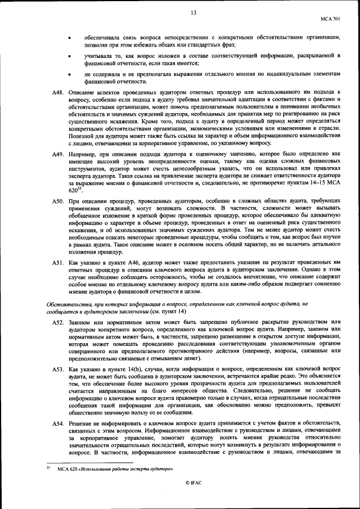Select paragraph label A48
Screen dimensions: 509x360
tap(58, 92)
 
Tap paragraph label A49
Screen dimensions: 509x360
tap(58, 154)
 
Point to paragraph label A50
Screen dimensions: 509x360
tap(58, 201)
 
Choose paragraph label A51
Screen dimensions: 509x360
tap(58, 263)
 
